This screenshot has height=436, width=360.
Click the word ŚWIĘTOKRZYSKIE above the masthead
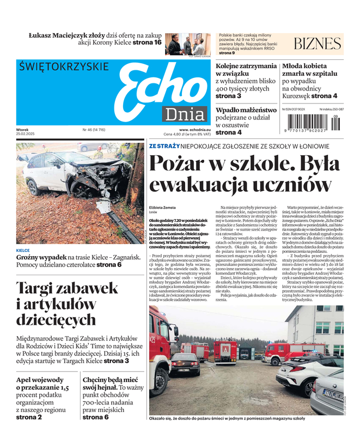pos(63,66)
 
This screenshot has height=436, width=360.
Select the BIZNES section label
pos(318,44)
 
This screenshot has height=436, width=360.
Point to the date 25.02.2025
pos(25,134)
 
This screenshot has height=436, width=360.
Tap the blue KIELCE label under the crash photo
pos(23,250)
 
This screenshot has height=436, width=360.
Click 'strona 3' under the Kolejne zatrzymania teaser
pos(228,96)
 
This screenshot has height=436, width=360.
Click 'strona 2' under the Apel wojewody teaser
pos(29,417)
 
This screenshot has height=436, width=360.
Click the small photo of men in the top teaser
pos(187,44)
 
